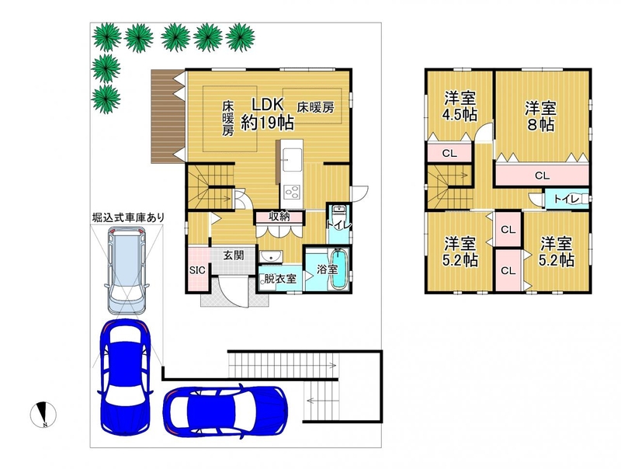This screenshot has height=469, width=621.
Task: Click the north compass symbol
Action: click(x=43, y=415)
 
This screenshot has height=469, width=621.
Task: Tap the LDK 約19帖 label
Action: click(x=268, y=114)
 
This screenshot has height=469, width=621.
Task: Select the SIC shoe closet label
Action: click(x=197, y=270)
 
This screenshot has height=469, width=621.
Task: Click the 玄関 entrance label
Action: click(x=233, y=255)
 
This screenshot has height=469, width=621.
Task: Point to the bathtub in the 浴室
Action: click(x=338, y=269)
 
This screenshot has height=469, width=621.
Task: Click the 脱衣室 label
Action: click(x=280, y=279)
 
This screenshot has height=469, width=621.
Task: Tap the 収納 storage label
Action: click(x=279, y=217)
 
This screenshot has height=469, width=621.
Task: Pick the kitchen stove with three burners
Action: click(x=292, y=194)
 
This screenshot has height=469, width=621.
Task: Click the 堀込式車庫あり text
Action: click(x=128, y=217)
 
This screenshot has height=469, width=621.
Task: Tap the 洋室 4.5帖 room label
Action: click(x=460, y=106)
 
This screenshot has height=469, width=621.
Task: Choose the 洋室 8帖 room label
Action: click(x=540, y=116)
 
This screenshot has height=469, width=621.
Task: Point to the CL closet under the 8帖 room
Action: click(x=542, y=175)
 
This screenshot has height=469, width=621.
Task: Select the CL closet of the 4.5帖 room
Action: click(x=449, y=153)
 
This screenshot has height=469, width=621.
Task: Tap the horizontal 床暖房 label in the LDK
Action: click(x=316, y=107)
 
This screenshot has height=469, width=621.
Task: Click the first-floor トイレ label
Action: click(x=338, y=224)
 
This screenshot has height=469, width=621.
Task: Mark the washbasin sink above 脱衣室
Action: click(x=271, y=256)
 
